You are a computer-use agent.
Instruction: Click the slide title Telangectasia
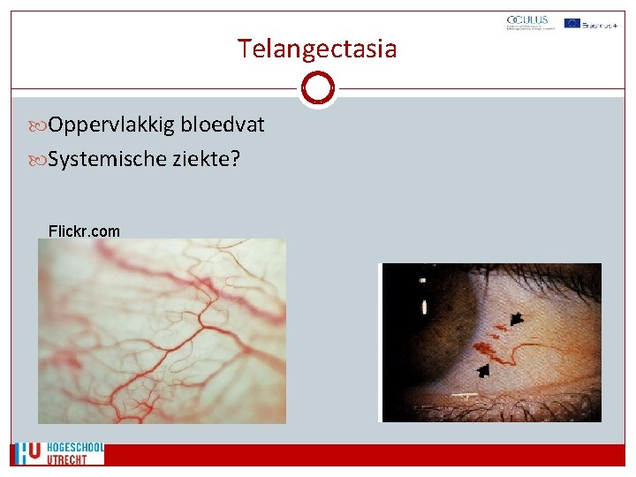coord(317,49)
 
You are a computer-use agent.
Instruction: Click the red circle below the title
coord(317,88)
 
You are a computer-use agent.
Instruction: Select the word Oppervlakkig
coord(111,125)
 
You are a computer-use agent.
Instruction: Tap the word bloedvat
coord(222,125)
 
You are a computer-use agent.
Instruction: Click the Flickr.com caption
coord(84,231)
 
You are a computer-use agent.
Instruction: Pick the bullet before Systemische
coord(40,160)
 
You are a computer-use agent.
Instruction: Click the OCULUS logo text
coord(527,19)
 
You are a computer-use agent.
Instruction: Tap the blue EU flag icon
coord(572,23)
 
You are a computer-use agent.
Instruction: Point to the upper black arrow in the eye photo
coord(516,318)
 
